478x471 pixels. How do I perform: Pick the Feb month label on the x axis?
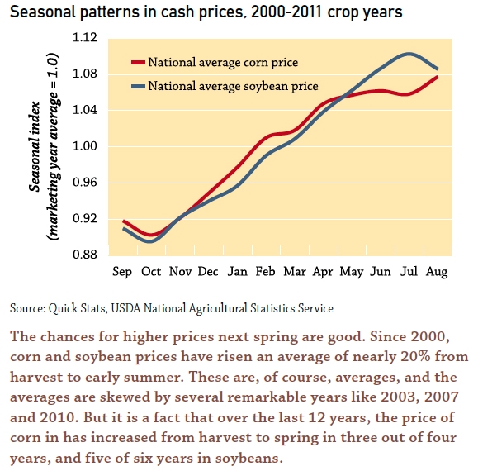(265, 271)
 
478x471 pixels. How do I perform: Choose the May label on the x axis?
(352, 271)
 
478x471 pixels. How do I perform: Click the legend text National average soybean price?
(234, 86)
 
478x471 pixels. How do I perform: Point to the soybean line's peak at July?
(409, 54)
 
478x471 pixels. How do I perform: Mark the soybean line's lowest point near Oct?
(149, 241)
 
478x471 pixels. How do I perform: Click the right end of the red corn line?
(437, 77)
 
